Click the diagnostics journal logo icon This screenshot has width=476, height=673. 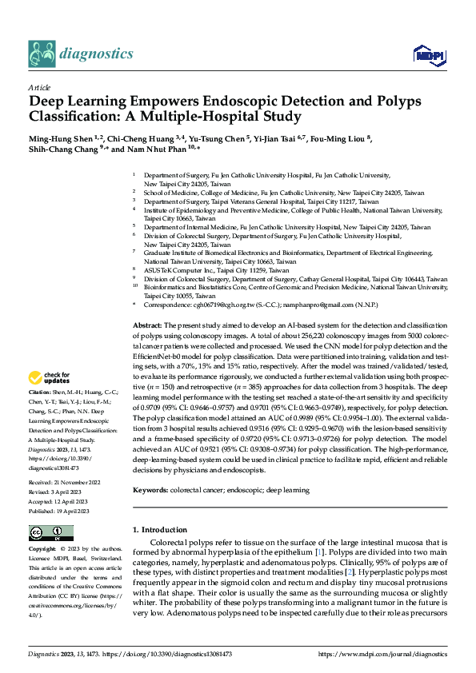tap(42, 54)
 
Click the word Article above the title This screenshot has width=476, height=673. tap(39, 88)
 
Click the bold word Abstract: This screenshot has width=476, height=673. tap(146, 326)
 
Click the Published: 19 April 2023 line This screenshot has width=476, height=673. tap(60, 488)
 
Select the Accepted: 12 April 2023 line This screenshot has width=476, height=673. tap(60, 479)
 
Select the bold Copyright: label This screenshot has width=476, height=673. tap(43, 550)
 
